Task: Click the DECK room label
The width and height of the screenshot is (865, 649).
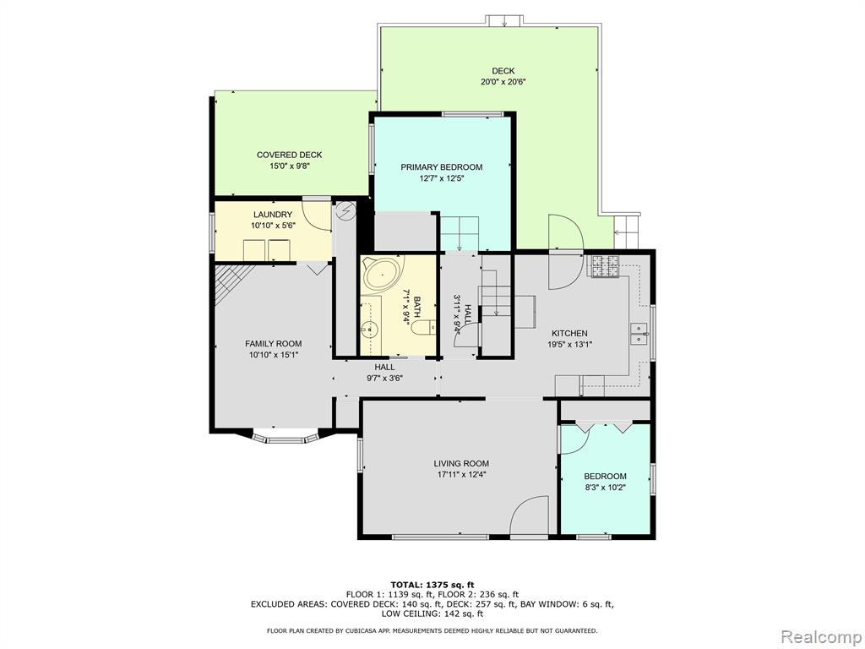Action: coord(503,71)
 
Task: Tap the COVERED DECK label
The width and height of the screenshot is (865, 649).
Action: coord(289,155)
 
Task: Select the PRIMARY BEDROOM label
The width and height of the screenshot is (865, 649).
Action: coord(441,167)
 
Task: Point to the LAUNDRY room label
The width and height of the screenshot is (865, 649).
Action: coord(273,215)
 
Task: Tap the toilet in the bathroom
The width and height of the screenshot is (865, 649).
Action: coord(424,328)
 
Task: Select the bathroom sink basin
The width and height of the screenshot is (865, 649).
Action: coord(369,330)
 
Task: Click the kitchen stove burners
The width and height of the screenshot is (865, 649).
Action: coord(605,266)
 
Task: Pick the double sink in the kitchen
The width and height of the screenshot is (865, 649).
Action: coord(639,334)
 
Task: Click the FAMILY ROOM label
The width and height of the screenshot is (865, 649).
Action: coord(274,344)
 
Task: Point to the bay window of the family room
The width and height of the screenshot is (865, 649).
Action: coord(285,438)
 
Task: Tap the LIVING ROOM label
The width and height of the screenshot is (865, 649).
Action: coord(461,464)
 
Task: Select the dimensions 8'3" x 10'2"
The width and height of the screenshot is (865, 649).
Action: coord(605,488)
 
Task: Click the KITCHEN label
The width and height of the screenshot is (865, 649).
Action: coord(570,333)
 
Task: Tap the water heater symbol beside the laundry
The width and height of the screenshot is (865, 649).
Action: coord(346,210)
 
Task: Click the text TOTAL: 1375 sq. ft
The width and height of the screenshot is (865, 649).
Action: coord(432,585)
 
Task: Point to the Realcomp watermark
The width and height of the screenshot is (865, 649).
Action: coord(821,637)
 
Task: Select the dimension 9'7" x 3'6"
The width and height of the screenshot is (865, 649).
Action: coord(384,378)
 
